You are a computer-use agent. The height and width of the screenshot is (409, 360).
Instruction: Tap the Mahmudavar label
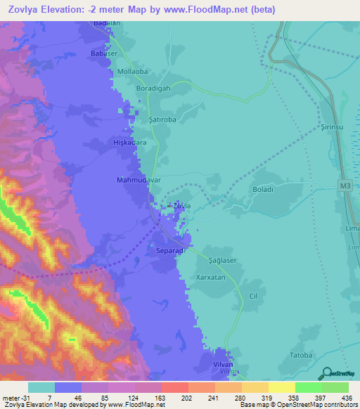[139, 180]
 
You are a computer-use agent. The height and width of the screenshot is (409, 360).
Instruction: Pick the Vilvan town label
[222, 365]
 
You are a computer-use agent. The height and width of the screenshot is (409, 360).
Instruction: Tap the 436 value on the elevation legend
[347, 398]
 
